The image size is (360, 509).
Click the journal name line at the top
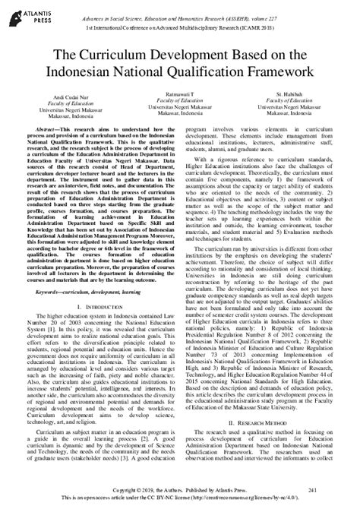[201, 8]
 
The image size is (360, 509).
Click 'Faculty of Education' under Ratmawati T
[179, 100]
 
